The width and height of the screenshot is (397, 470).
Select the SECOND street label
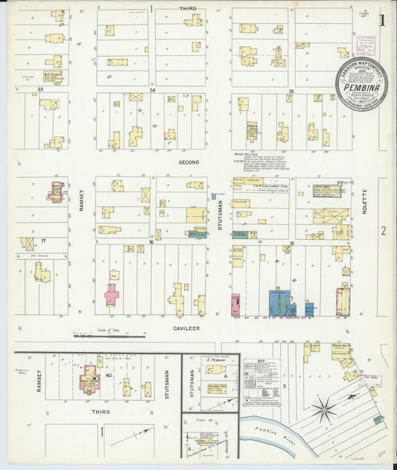tap(189, 161)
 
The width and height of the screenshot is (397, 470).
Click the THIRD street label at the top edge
tap(188, 8)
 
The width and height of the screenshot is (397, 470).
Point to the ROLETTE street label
tap(365, 201)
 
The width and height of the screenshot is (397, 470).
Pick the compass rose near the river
tap(324, 407)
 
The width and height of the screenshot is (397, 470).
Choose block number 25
tap(291, 90)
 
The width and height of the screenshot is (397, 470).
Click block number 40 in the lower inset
tap(108, 375)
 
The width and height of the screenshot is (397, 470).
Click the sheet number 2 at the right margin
tap(384, 231)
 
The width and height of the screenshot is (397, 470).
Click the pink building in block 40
tap(91, 379)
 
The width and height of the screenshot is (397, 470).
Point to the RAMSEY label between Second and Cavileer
tap(81, 201)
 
